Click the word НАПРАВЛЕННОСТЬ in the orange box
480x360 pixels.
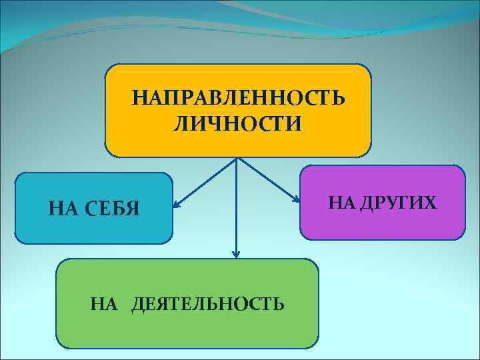[x=238, y=98]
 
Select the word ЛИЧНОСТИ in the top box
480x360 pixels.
[x=238, y=123]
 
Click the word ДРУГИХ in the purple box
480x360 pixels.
[x=399, y=202]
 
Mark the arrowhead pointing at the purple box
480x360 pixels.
[x=296, y=199]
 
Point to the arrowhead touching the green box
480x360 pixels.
[x=235, y=254]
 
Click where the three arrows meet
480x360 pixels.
[x=237, y=159]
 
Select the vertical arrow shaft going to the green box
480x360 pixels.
[x=236, y=207]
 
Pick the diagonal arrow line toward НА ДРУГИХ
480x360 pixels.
[x=267, y=179]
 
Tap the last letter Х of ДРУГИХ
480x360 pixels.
[x=432, y=202]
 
